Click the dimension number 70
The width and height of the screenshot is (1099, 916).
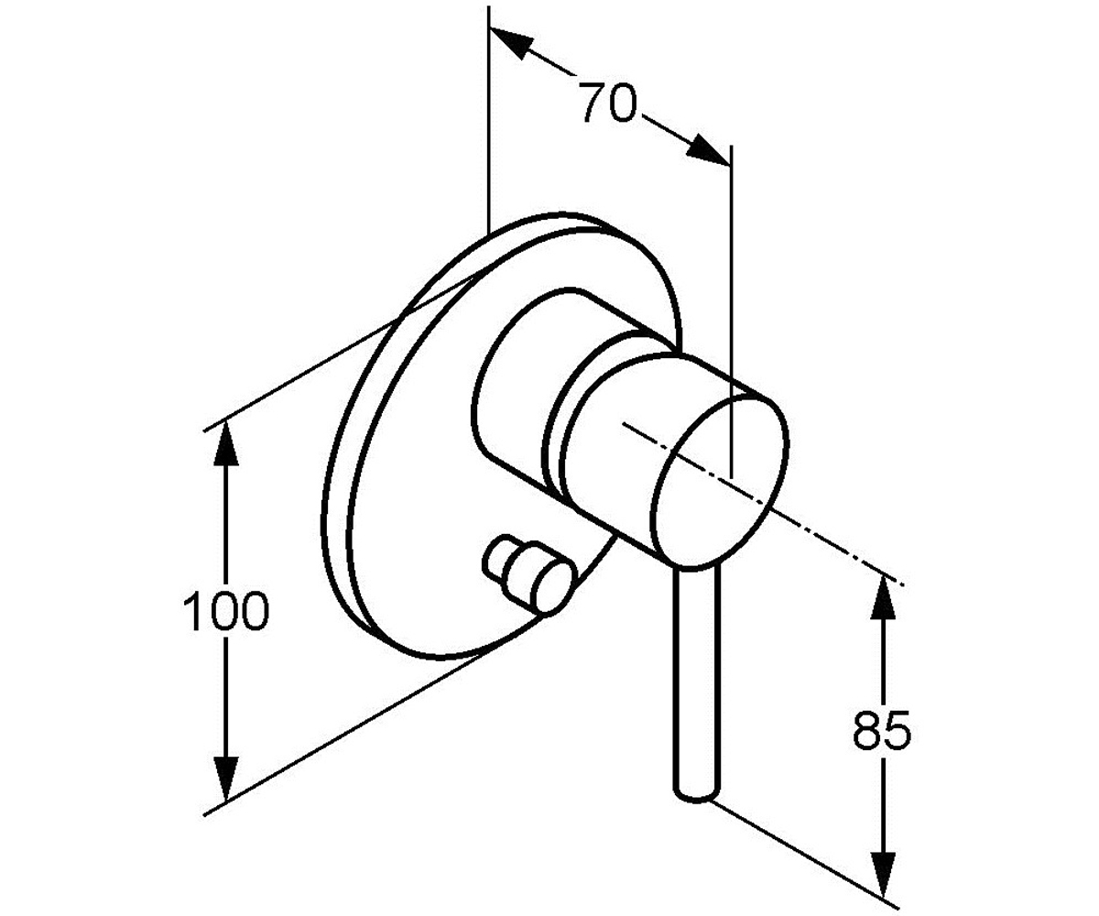click(608, 102)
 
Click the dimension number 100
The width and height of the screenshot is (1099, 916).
click(226, 611)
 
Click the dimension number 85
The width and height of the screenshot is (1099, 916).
click(882, 730)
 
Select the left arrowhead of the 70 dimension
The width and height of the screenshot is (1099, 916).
click(511, 43)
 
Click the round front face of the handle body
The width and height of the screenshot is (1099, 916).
click(720, 485)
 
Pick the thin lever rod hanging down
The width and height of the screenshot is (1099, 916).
click(697, 684)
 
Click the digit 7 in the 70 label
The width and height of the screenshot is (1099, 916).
click(593, 102)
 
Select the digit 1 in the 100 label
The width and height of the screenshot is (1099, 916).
click(192, 611)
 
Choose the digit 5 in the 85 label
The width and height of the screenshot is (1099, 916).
click(898, 730)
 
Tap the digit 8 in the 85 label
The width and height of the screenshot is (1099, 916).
click(866, 730)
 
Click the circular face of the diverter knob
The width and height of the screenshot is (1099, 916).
click(552, 586)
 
